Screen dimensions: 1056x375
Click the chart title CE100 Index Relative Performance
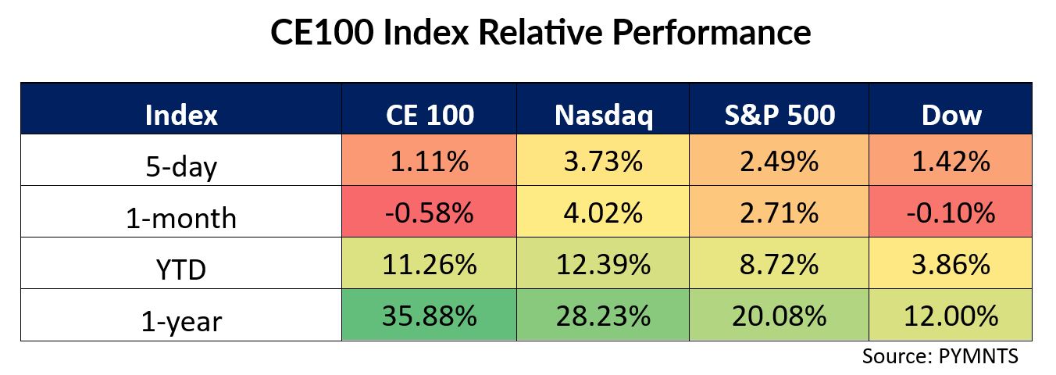click(540, 32)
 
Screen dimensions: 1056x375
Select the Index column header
click(181, 115)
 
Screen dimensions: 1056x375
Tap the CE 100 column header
click(430, 115)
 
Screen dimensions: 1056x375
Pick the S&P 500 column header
click(780, 115)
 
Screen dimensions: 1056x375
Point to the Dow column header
click(951, 115)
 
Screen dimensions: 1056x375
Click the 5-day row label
click(181, 167)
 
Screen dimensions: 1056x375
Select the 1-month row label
click(181, 218)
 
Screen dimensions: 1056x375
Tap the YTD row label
click(181, 270)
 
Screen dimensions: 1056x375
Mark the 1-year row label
click(181, 322)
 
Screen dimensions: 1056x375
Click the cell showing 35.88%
click(429, 315)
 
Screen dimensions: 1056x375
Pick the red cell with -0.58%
click(429, 211)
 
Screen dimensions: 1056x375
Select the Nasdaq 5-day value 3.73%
click(603, 161)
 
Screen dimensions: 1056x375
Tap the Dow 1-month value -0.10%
click(951, 212)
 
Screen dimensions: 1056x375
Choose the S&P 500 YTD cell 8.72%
click(780, 263)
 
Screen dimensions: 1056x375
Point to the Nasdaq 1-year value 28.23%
click(603, 316)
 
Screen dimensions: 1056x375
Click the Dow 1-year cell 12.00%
click(951, 315)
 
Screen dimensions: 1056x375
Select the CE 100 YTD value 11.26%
click(429, 264)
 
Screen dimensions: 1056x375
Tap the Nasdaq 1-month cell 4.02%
click(603, 211)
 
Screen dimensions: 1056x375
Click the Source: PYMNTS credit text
click(940, 356)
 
